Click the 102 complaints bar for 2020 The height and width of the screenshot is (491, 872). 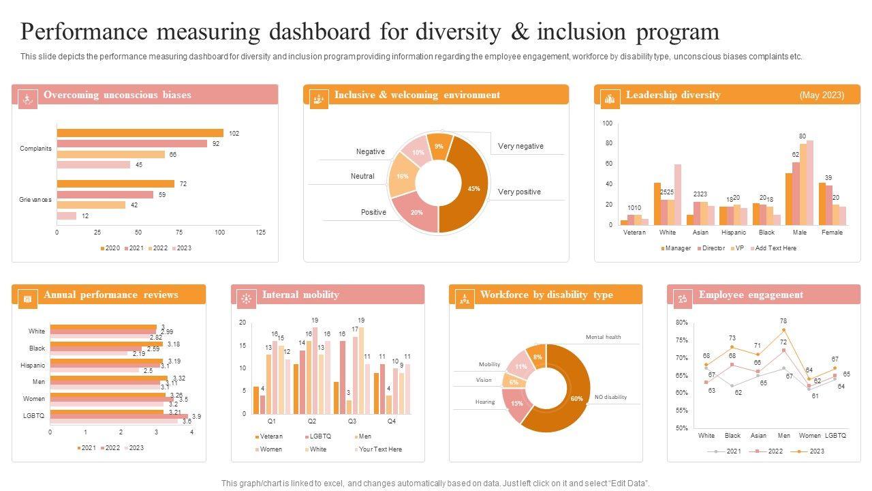[140, 133]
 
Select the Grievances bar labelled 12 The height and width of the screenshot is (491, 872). [66, 215]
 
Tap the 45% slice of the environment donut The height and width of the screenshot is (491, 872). [467, 188]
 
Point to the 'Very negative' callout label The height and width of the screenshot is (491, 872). [520, 146]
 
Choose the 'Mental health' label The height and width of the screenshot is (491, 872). [604, 337]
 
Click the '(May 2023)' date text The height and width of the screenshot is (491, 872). [821, 95]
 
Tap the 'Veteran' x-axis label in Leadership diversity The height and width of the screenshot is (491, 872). [634, 232]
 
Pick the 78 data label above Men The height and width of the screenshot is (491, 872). [783, 321]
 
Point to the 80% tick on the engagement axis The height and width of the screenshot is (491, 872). [682, 323]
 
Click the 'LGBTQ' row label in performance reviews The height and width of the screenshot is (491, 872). [35, 415]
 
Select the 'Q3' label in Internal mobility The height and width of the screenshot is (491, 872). [352, 421]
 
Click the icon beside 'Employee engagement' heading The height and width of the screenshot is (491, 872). [683, 298]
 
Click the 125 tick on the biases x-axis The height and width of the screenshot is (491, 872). [260, 233]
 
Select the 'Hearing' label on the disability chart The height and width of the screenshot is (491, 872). [485, 402]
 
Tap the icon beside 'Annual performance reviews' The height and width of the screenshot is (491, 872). [27, 298]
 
